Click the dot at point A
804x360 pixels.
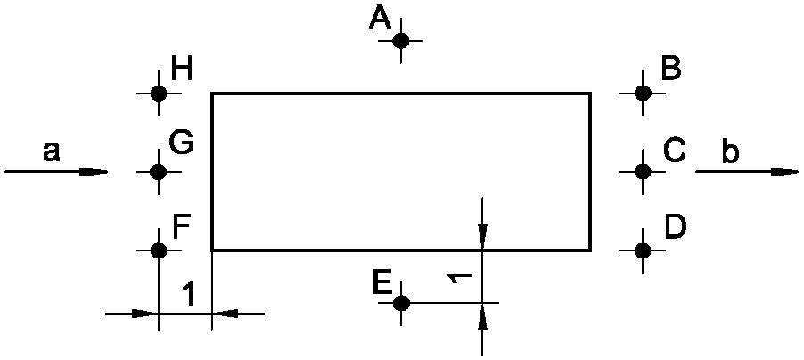[400, 40]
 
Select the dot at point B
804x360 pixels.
[643, 94]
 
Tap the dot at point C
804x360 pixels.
[643, 171]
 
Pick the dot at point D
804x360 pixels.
[643, 250]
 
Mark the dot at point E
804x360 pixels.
[401, 303]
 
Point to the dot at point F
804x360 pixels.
[159, 250]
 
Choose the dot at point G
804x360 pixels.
[158, 171]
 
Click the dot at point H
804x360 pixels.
[159, 94]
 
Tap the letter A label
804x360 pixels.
[380, 20]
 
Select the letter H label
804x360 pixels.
[182, 70]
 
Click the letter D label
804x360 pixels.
[676, 226]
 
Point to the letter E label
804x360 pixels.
[382, 282]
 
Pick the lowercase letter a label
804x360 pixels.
[51, 151]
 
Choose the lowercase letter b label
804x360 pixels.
[731, 151]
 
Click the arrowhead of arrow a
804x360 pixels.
[94, 172]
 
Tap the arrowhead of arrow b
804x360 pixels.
[784, 172]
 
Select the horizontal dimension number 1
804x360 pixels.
[189, 294]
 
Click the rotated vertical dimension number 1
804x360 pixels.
[459, 278]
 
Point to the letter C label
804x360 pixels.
[674, 151]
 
